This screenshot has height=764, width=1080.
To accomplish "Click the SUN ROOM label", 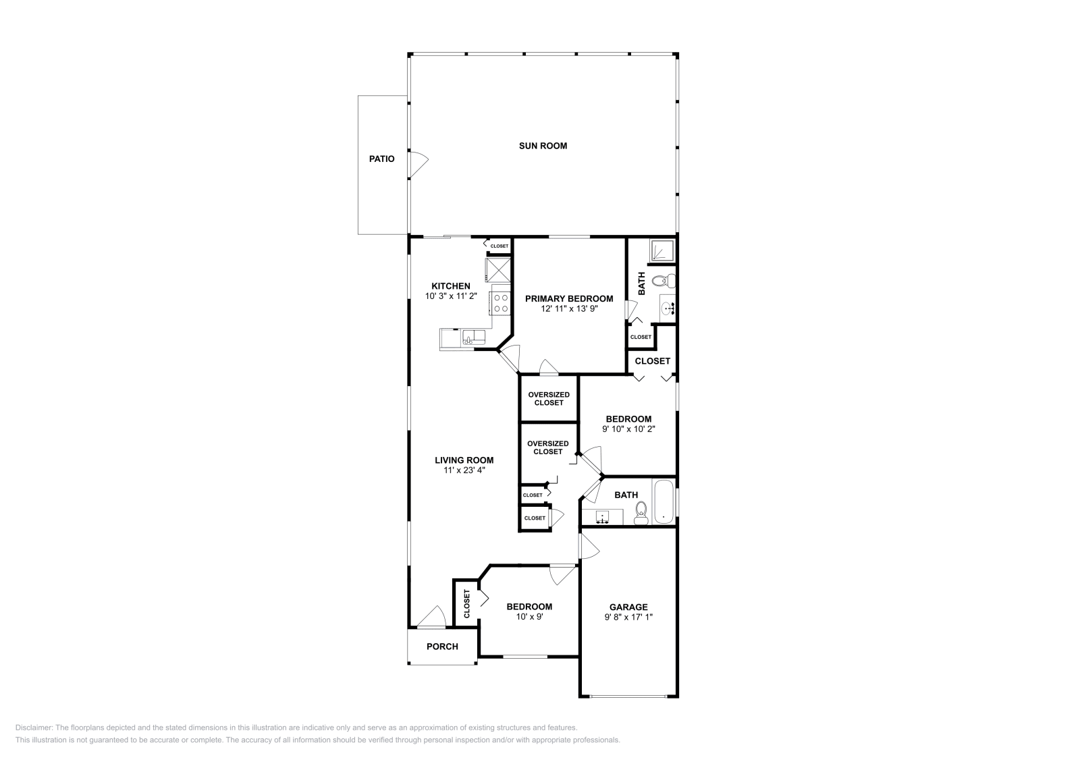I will click(543, 146).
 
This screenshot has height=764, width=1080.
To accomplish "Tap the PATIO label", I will click(381, 159).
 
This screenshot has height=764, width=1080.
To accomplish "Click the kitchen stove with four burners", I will click(500, 303).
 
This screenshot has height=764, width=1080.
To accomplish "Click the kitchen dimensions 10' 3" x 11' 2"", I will click(451, 296).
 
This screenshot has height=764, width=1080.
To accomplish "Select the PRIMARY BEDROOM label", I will click(569, 298).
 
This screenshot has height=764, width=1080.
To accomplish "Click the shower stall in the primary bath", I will click(661, 252).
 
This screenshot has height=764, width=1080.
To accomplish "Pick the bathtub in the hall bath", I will click(664, 501).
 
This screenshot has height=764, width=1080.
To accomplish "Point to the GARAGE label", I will click(628, 607).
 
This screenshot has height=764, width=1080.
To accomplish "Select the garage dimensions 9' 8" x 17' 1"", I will click(628, 617).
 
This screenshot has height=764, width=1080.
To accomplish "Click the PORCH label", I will click(442, 647).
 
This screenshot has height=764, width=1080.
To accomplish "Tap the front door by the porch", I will click(431, 617).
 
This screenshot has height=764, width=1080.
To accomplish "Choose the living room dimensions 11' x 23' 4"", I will click(464, 470).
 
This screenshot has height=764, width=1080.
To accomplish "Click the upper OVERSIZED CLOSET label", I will click(548, 398).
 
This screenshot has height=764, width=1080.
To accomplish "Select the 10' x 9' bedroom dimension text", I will click(529, 616).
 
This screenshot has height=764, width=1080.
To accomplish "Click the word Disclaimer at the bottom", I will click(33, 728).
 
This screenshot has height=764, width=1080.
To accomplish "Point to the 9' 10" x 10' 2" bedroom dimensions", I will click(628, 429).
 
